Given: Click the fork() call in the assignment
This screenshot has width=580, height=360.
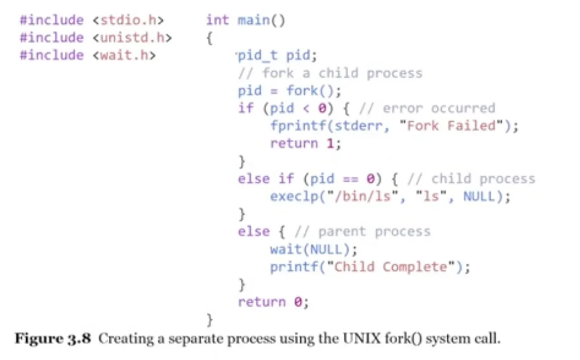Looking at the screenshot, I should coord(310,90).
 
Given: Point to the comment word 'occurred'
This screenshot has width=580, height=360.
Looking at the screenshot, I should coord(462,108).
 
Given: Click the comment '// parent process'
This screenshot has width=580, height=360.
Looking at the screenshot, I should coord(362,232).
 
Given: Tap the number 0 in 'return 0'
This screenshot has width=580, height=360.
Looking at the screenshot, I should coord(298,302).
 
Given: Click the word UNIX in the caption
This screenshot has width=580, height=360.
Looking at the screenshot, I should coord(357,339).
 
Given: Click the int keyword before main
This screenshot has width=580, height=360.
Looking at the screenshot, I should coord(218,21).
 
